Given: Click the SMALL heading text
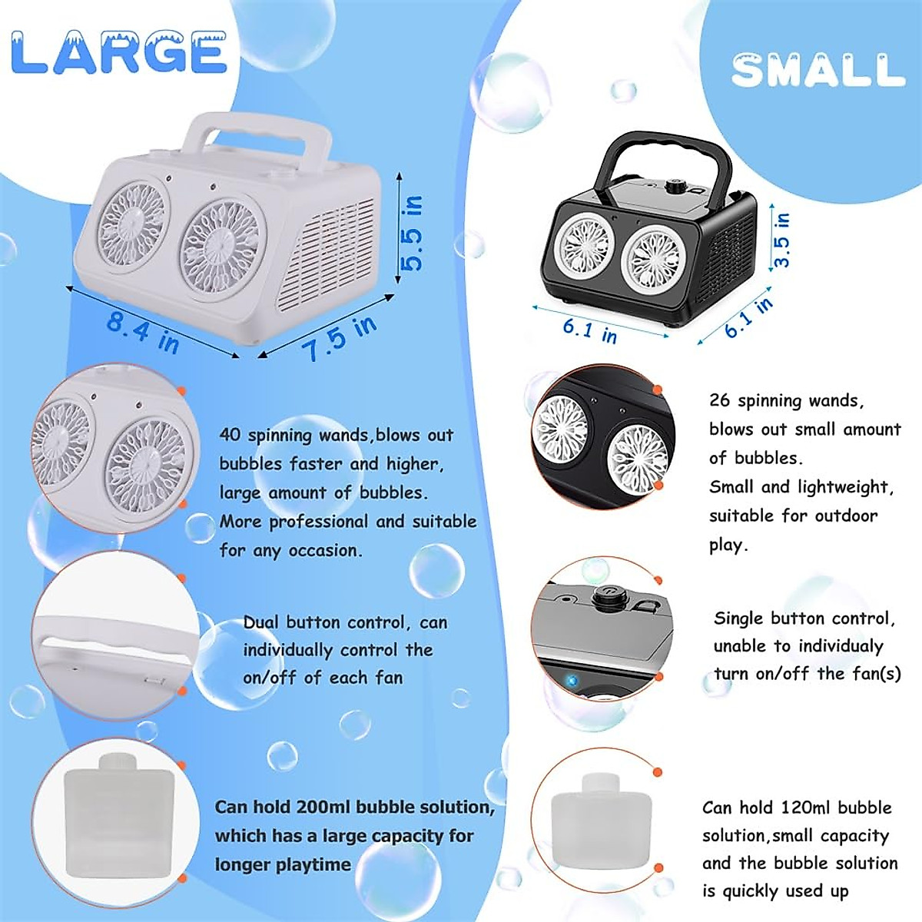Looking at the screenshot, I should click(818, 70).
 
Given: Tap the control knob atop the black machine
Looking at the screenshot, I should click(677, 186).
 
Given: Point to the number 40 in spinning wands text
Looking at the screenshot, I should click(230, 435).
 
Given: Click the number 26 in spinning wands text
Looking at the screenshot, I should click(719, 400).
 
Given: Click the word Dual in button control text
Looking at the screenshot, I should click(261, 622).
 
